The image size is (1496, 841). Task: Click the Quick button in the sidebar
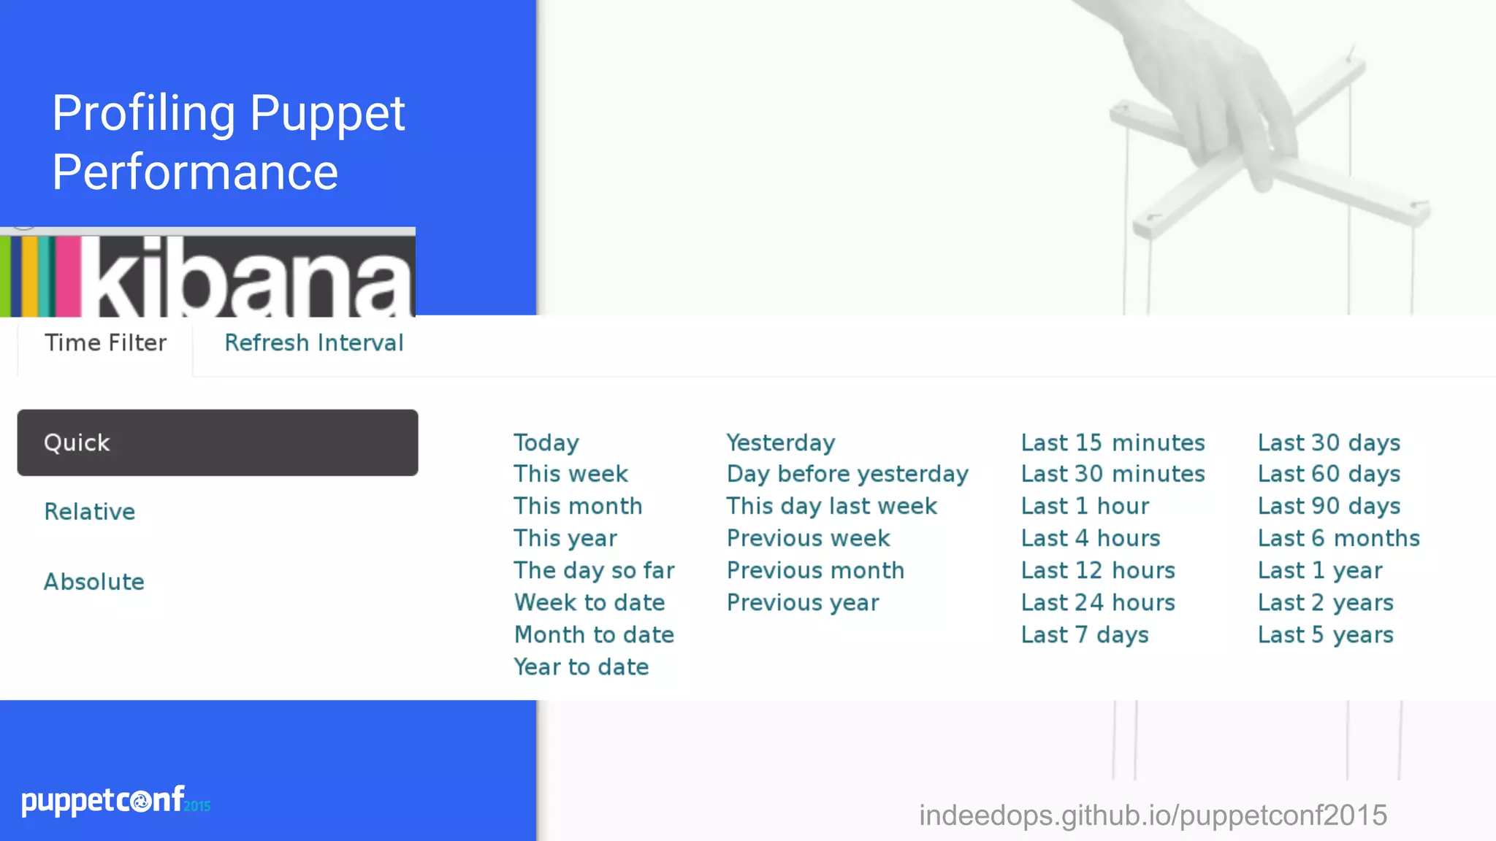pyautogui.click(x=217, y=442)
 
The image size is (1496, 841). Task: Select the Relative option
pyautogui.click(x=90, y=512)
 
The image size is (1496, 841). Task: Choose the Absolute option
pyautogui.click(x=94, y=582)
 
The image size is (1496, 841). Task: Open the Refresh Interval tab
pyautogui.click(x=313, y=343)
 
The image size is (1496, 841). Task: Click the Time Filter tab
pyautogui.click(x=106, y=343)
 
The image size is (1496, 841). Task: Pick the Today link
pyautogui.click(x=546, y=442)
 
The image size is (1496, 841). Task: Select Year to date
pyautogui.click(x=581, y=667)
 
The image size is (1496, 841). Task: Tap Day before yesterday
pyautogui.click(x=847, y=475)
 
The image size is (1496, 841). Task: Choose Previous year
pyautogui.click(x=803, y=603)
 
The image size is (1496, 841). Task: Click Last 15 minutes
pyautogui.click(x=1113, y=442)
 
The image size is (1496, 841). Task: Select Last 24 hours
pyautogui.click(x=1098, y=603)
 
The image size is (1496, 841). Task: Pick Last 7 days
pyautogui.click(x=1085, y=635)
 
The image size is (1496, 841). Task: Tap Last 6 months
pyautogui.click(x=1338, y=539)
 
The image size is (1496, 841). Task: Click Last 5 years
pyautogui.click(x=1325, y=635)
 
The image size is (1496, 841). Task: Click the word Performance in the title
pyautogui.click(x=195, y=172)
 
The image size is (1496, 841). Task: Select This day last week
pyautogui.click(x=831, y=507)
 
